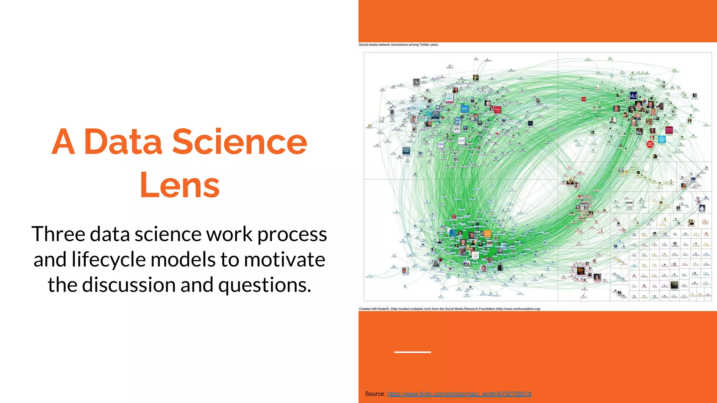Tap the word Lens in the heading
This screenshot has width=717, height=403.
tap(179, 185)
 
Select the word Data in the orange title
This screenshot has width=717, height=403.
tap(123, 142)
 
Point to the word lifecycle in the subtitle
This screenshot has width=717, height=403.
tap(109, 259)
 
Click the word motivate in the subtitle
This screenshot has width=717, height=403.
tap(284, 259)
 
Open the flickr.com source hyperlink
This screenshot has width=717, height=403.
tap(459, 394)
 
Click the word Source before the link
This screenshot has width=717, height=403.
tap(375, 394)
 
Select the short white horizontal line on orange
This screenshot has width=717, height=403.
tap(412, 352)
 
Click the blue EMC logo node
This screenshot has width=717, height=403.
tap(465, 109)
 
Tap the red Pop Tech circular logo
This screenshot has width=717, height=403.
tap(650, 144)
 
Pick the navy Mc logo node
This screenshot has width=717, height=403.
tap(633, 96)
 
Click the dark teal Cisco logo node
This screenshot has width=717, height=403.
tap(406, 151)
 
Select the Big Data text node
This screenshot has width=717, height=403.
tap(466, 264)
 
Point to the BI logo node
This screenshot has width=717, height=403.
tap(585, 207)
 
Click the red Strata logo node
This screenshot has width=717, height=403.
tap(497, 109)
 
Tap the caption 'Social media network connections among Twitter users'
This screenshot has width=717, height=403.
tap(398, 45)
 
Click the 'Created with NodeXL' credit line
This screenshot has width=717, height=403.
tap(449, 309)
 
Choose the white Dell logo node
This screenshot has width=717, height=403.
tap(449, 99)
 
